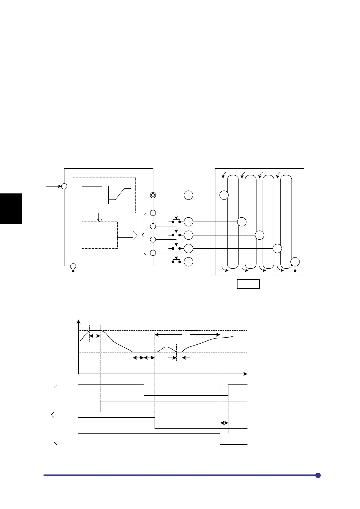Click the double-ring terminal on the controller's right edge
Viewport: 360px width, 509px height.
click(x=153, y=195)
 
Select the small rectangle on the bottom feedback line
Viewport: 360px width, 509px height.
click(x=248, y=284)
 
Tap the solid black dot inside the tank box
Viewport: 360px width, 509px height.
click(x=295, y=271)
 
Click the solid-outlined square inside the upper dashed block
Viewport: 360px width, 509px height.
click(x=92, y=195)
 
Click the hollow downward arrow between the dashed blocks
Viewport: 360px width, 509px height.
click(x=100, y=217)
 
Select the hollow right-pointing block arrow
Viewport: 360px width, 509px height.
click(x=127, y=235)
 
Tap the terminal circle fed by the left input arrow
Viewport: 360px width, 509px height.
click(x=64, y=186)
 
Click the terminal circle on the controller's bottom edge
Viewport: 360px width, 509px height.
click(x=73, y=266)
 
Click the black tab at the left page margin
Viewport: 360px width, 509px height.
click(x=11, y=209)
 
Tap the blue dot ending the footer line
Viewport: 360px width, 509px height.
click(x=318, y=475)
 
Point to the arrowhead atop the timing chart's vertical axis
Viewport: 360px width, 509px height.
click(x=79, y=322)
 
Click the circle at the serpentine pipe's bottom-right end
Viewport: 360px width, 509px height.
click(x=295, y=262)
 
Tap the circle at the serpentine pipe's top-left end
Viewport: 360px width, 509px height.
click(x=224, y=195)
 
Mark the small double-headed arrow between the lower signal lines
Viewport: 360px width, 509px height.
click(x=224, y=423)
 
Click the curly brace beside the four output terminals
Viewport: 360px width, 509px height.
click(x=144, y=235)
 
